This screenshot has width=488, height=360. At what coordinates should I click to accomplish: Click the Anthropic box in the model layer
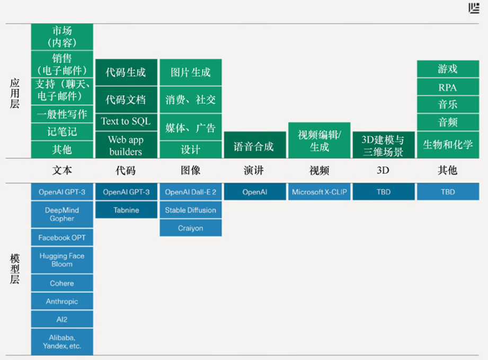pos(62,301)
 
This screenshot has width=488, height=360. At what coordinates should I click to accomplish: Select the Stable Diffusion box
pos(190,210)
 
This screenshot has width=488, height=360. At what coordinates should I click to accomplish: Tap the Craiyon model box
pos(190,228)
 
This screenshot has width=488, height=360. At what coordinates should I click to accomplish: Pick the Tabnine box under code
pos(126,210)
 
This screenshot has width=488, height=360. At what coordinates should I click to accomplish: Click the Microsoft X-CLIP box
pos(320,192)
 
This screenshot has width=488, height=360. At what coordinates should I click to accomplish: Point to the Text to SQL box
pos(126,122)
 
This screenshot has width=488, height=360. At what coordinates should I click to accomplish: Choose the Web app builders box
pos(126,145)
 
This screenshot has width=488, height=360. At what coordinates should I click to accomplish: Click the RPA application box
pos(448,87)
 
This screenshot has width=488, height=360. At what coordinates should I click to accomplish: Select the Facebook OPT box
pos(62,238)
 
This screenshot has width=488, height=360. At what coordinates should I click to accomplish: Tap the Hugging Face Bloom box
pos(62,260)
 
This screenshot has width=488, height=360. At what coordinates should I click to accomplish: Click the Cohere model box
pos(62,283)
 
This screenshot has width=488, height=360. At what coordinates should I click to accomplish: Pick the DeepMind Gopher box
pos(62,214)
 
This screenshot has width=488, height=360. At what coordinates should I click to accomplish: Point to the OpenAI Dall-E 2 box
pos(190,192)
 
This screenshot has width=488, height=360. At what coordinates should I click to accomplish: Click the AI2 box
pos(62,319)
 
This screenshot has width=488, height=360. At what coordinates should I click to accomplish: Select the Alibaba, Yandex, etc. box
pos(62,341)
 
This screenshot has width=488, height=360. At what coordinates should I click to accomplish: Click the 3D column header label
pos(383,170)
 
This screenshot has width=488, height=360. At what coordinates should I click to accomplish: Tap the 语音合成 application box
pos(255,145)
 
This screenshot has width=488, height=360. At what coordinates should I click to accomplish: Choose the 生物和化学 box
pos(448,145)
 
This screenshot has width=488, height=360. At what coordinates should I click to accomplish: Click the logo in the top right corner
pos(474,8)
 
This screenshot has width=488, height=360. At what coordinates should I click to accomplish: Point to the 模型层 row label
pos(15,269)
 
